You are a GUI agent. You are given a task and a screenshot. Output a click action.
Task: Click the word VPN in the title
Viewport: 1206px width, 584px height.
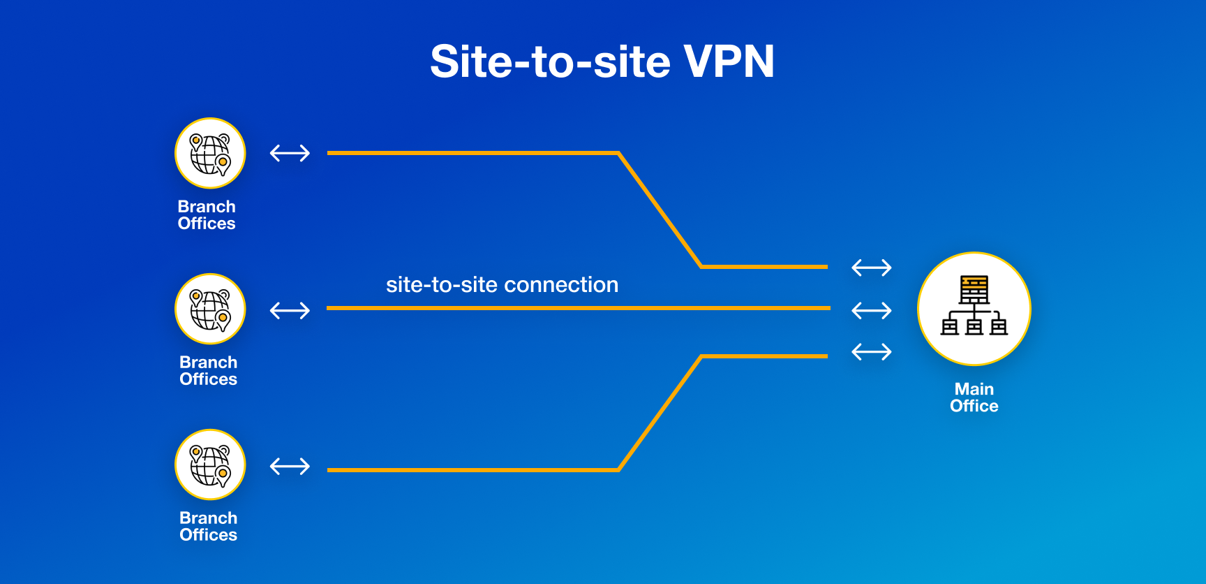click(x=729, y=61)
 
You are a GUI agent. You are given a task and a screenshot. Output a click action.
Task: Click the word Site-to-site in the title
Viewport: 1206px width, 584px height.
click(x=551, y=61)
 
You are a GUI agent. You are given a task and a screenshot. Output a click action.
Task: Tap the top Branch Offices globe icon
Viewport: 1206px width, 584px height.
click(x=210, y=153)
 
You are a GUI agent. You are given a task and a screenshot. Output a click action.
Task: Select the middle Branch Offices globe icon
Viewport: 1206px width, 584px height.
click(x=210, y=309)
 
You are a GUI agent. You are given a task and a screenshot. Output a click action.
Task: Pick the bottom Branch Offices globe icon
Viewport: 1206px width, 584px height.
click(x=210, y=465)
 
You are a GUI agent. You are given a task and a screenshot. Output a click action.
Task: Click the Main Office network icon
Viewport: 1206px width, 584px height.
click(x=974, y=308)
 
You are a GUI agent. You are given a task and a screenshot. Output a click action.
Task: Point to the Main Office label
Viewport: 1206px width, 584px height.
click(x=974, y=397)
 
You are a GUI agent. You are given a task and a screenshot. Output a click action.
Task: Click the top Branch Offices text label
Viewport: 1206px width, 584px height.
click(x=207, y=215)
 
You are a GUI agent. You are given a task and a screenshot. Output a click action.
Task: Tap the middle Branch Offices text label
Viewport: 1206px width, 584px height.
click(x=208, y=371)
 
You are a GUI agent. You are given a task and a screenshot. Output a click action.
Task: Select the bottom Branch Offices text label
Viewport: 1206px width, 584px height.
click(x=208, y=527)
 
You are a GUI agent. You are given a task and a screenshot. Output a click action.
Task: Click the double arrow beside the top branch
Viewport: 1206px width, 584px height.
click(x=290, y=153)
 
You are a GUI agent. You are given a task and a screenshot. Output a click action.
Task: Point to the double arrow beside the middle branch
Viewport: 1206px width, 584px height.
click(x=290, y=310)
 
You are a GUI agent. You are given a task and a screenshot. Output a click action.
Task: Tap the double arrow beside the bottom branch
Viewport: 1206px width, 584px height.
click(x=290, y=466)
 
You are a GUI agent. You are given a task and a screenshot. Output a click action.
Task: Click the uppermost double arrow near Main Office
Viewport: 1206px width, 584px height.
click(x=872, y=268)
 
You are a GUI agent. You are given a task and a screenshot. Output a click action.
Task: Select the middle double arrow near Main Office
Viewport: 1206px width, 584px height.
click(x=872, y=310)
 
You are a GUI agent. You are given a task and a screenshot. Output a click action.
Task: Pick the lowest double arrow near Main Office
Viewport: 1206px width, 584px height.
click(x=872, y=351)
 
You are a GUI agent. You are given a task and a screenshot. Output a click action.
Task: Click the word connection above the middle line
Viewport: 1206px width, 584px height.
click(x=561, y=285)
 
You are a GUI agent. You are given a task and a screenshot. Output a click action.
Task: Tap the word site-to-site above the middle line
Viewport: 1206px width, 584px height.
click(x=441, y=285)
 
